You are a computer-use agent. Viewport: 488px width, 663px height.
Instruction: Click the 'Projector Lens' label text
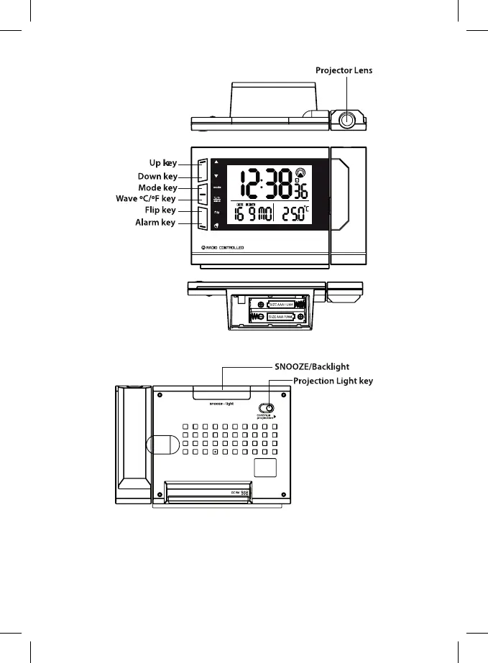344,70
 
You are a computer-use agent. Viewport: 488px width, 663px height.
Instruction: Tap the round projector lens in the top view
348,120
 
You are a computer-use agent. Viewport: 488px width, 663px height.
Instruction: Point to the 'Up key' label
157,164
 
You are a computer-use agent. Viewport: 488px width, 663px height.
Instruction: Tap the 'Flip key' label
158,210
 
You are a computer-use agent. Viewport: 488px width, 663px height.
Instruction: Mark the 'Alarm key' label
155,223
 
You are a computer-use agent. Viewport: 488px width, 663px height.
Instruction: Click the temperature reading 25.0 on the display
300,215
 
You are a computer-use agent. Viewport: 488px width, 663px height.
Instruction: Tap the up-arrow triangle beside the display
216,162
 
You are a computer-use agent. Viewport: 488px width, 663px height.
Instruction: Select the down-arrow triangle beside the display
216,175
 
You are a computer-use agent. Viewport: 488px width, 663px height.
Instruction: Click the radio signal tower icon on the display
300,172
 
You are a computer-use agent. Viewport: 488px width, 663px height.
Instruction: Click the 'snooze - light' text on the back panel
222,403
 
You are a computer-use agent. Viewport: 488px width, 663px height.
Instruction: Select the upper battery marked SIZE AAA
277,303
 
